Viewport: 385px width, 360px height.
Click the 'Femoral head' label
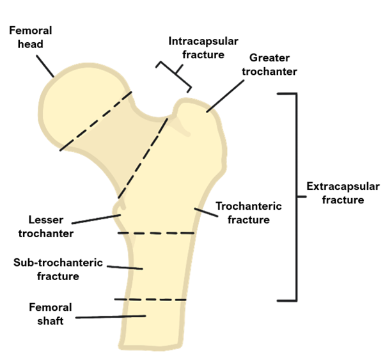click(x=30, y=37)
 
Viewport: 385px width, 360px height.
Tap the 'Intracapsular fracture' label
click(x=203, y=48)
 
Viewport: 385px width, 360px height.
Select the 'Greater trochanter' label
click(x=269, y=65)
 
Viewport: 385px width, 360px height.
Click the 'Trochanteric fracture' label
click(x=248, y=212)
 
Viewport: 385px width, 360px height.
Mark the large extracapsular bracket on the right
click(x=296, y=196)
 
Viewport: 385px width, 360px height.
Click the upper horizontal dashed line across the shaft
click(x=156, y=233)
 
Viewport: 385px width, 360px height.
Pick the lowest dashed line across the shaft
click(x=151, y=299)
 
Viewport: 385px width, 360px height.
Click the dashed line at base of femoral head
click(x=96, y=121)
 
